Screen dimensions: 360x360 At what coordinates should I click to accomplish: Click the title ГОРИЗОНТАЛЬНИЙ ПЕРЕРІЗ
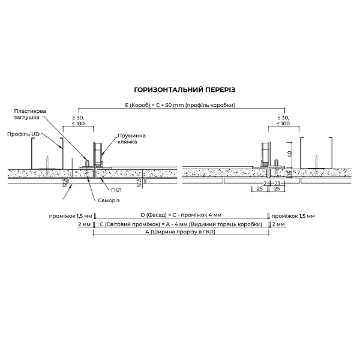180,89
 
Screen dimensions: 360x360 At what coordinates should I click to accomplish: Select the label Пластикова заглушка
46,115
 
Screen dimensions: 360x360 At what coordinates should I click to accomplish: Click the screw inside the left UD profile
47,161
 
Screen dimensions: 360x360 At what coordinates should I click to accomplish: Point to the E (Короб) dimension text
180,105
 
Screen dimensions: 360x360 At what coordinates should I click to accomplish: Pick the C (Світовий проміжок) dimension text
180,224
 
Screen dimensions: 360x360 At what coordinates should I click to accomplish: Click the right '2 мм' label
278,224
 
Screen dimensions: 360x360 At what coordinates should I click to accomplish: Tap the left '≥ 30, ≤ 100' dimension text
79,120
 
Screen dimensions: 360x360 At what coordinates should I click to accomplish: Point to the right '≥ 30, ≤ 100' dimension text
283,120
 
